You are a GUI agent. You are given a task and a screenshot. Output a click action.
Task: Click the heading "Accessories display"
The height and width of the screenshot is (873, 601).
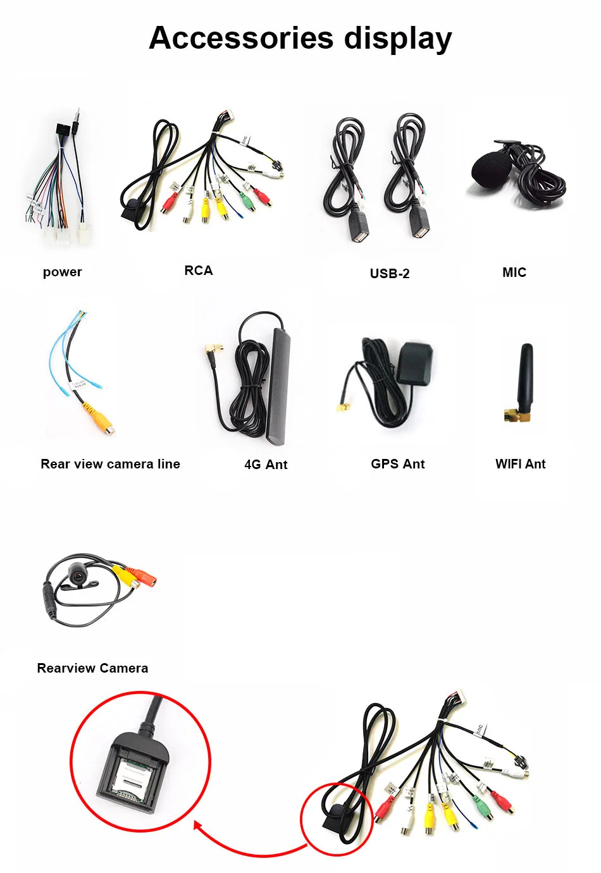pyautogui.click(x=300, y=38)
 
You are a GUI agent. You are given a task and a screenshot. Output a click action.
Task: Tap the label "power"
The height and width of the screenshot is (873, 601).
pyautogui.click(x=62, y=272)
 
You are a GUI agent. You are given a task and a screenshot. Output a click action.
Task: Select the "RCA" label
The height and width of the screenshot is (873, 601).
pyautogui.click(x=198, y=271)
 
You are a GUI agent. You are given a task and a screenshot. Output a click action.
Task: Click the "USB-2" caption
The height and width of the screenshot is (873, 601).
pyautogui.click(x=389, y=273)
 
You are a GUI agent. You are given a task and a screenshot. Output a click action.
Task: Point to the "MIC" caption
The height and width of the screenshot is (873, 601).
pyautogui.click(x=514, y=272)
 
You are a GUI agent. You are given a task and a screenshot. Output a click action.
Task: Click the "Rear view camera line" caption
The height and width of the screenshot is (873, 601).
pyautogui.click(x=110, y=464)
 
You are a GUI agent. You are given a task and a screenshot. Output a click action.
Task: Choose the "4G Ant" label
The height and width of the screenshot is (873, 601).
pyautogui.click(x=266, y=465)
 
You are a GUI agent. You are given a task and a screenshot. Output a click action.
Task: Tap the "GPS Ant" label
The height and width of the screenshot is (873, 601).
pyautogui.click(x=397, y=464)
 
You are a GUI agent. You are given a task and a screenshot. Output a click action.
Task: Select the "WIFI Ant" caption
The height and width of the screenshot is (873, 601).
pyautogui.click(x=520, y=464)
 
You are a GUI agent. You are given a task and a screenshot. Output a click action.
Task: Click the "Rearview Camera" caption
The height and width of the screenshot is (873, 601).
pyautogui.click(x=92, y=668)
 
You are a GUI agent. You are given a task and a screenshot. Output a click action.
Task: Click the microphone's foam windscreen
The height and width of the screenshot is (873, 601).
pyautogui.click(x=489, y=170)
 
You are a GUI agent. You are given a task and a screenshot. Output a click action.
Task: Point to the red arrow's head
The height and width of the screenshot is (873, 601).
pyautogui.click(x=197, y=825)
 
